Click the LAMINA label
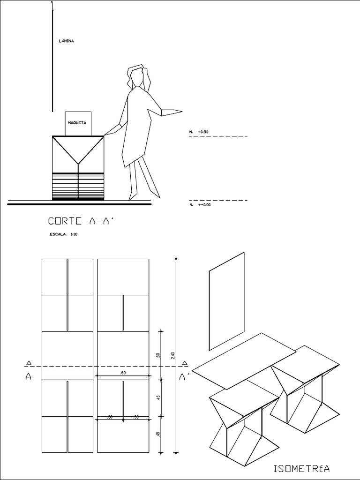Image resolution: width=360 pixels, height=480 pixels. (66, 41)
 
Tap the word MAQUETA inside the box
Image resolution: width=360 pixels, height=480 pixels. (77, 123)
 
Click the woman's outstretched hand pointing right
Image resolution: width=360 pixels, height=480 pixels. (172, 112)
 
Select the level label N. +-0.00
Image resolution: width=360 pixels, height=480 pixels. (200, 205)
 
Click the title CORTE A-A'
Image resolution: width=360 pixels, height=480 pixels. (81, 221)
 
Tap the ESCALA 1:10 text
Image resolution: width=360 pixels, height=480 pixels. (63, 235)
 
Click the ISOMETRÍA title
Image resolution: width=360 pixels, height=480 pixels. (301, 468)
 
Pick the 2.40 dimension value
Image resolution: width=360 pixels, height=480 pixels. (173, 356)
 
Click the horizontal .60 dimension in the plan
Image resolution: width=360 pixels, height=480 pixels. (123, 373)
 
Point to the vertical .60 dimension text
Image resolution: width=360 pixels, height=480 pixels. (158, 357)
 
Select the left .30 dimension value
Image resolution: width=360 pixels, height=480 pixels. (110, 417)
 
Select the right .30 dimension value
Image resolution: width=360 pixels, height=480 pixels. (136, 417)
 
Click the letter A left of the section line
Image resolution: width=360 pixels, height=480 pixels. (29, 377)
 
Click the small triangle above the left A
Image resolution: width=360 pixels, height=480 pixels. (29, 362)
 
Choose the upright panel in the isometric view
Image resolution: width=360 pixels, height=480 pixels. (226, 301)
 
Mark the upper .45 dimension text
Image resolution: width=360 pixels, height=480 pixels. (158, 397)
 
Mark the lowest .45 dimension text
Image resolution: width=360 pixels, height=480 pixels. (158, 434)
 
